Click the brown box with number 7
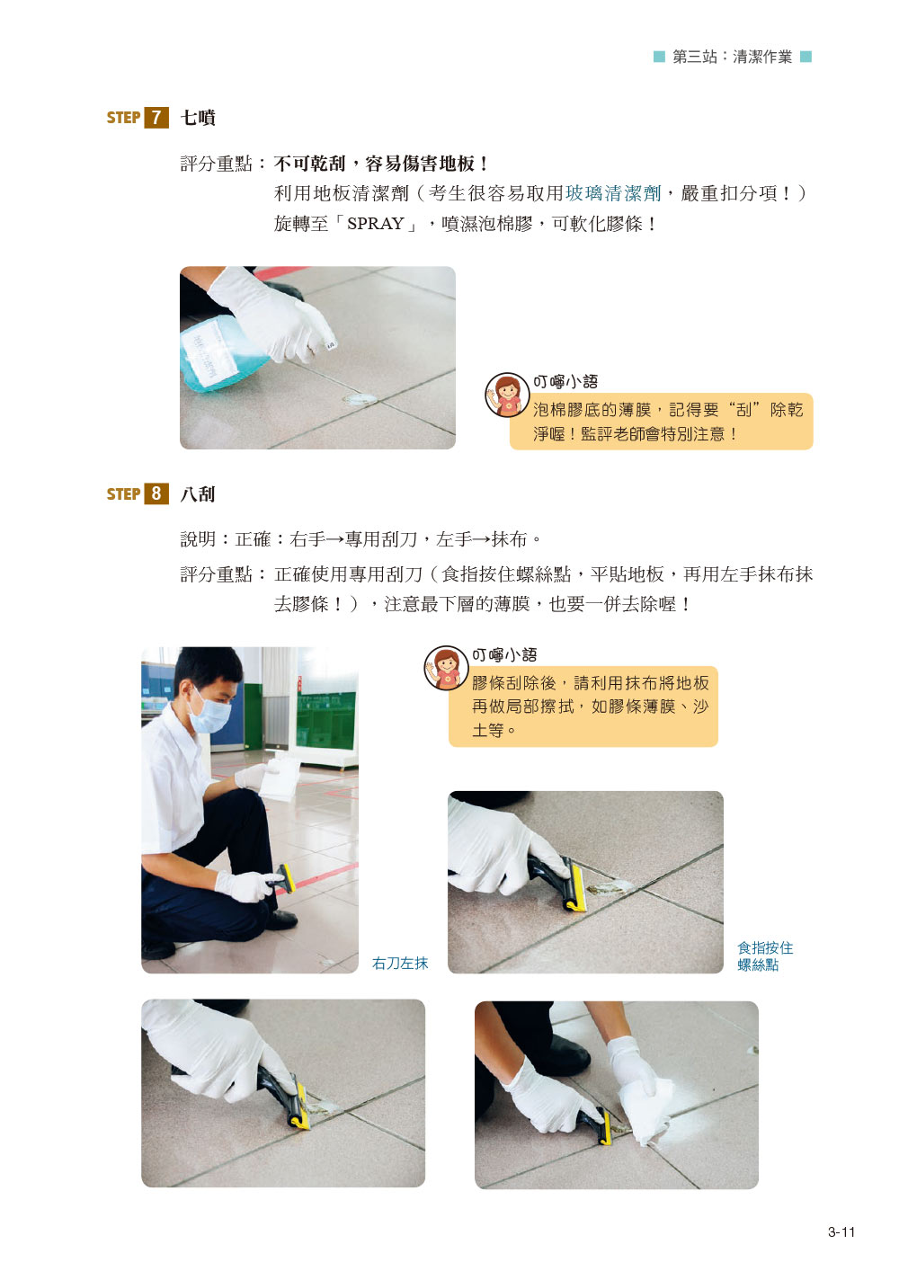point(156,118)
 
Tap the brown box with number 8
point(156,493)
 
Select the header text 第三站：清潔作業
point(732,57)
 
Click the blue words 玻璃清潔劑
point(613,193)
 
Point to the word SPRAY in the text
point(375,224)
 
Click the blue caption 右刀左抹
point(399,963)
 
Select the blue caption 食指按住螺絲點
point(764,956)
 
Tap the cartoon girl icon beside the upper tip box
point(507,395)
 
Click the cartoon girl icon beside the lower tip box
point(447,668)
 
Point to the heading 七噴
point(198,118)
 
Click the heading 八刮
point(198,494)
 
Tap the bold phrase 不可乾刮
point(309,164)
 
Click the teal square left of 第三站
point(659,57)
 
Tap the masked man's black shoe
point(280,920)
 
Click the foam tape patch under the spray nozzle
point(359,399)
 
